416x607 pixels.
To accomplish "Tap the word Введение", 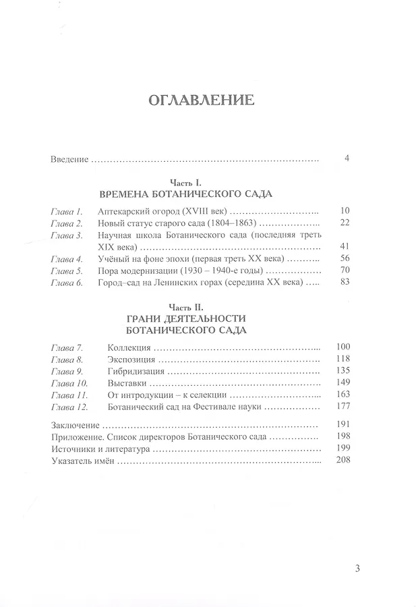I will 70,160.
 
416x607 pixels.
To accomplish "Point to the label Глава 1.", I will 66,211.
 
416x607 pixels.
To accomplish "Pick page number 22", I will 345,223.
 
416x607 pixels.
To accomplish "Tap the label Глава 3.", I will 66,235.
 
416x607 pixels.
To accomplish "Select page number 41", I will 345,246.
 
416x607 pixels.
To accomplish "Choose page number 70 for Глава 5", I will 345,270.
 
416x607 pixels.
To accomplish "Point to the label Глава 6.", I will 66,282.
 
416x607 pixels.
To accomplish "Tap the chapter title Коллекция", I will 129,347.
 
